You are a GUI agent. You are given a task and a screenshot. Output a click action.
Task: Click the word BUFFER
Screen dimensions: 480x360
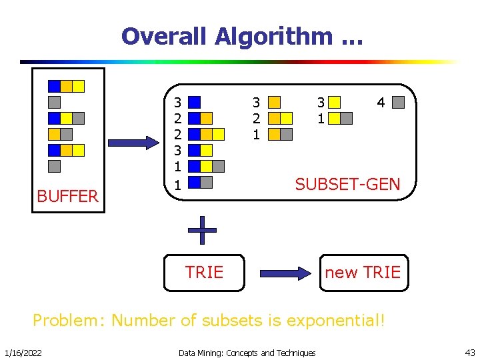coord(68,196)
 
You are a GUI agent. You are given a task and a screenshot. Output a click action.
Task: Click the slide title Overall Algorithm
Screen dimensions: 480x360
coord(226,36)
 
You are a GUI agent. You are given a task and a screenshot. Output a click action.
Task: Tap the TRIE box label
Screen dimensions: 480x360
coord(204,272)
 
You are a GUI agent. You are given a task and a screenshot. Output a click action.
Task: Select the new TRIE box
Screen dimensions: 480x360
coord(363,272)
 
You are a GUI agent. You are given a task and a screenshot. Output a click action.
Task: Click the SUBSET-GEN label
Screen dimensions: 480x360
coord(347,184)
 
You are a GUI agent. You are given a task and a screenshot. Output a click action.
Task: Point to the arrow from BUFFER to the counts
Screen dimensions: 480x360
coord(134,143)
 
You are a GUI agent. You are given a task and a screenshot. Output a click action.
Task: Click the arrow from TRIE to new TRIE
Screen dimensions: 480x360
coord(285,273)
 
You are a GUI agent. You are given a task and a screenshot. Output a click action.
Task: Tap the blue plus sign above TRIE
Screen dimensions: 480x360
coord(202,231)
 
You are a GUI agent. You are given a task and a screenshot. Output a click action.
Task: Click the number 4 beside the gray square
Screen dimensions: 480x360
coord(381,103)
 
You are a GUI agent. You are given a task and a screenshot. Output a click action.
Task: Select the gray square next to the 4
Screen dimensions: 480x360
coord(398,103)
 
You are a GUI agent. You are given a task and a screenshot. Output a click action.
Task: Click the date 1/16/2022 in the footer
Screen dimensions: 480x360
coord(23,352)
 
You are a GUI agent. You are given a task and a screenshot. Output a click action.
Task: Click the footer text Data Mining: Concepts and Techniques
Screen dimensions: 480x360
coord(247,352)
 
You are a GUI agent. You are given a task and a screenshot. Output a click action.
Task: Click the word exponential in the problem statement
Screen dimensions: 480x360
coord(336,320)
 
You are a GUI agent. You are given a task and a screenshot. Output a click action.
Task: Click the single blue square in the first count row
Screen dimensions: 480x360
coord(194,103)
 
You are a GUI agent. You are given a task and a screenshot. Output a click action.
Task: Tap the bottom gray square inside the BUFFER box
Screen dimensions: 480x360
coord(55,166)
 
